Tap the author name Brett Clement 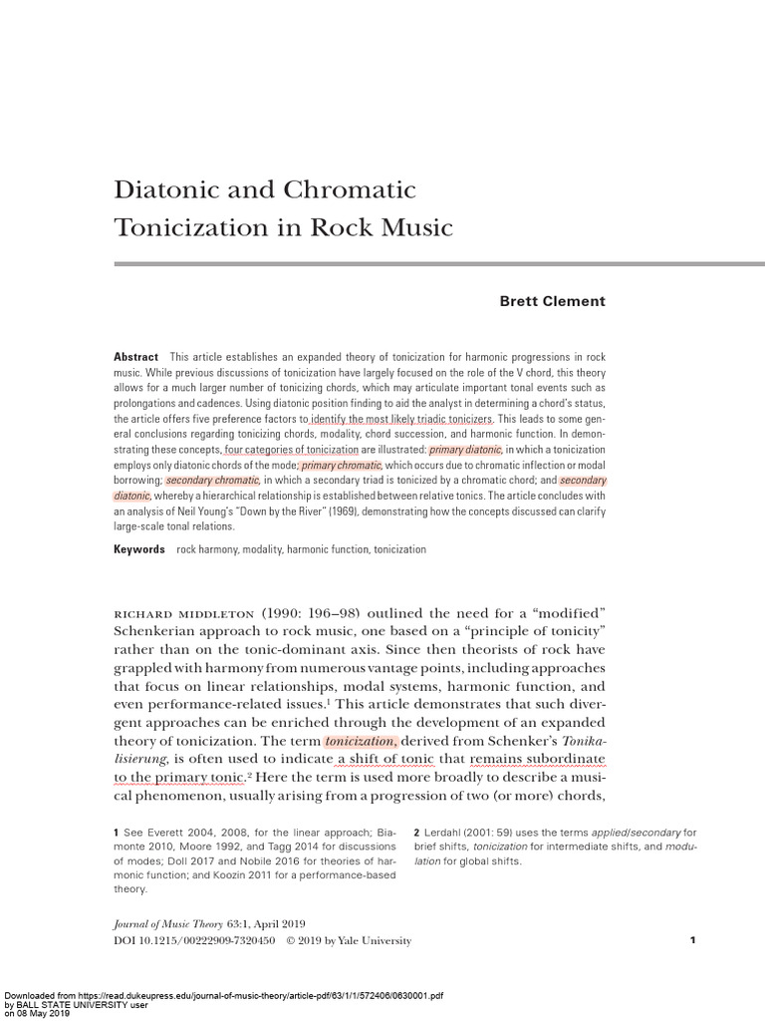coord(552,301)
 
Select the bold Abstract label coord(135,357)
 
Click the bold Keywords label coord(139,549)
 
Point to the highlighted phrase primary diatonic coord(465,450)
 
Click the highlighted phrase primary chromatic coord(341,465)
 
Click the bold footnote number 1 coord(117,832)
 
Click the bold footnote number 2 coord(416,832)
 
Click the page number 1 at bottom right coord(692,940)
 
